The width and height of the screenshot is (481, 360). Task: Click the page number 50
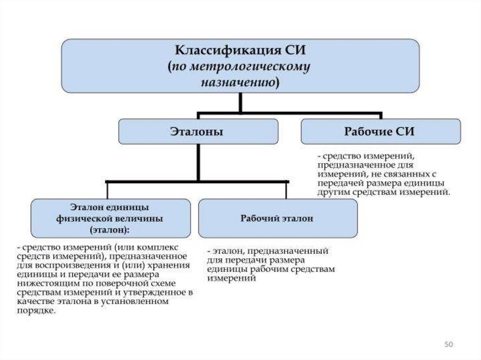tap(448, 345)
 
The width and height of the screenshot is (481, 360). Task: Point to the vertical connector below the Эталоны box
tap(199, 162)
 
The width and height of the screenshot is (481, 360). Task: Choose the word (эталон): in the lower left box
tap(109, 230)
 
